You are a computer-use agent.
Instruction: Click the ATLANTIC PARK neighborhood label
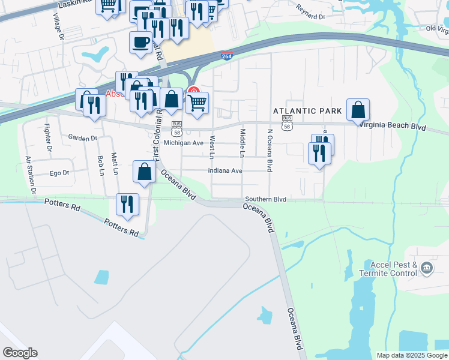pos(307,111)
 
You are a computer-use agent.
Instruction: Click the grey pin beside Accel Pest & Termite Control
pos(427,268)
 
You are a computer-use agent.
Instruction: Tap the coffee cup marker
pos(140,43)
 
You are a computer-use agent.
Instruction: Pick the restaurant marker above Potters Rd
pos(127,205)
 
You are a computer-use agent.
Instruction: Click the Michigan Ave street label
pos(184,143)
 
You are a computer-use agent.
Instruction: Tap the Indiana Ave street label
pos(225,170)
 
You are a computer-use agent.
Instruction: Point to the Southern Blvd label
pos(265,199)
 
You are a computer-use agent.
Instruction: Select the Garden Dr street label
pos(82,138)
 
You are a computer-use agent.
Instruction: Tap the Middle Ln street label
pos(243,143)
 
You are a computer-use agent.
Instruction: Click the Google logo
pos(20,353)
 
